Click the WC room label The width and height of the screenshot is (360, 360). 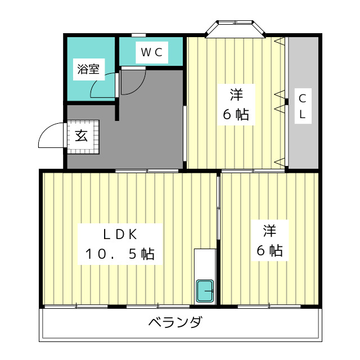tap(151, 52)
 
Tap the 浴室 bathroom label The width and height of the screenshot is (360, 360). tap(88, 70)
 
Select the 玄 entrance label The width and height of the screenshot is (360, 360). tap(82, 136)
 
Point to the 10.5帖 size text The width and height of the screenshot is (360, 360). tap(120, 254)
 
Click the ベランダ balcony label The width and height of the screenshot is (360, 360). tap(175, 323)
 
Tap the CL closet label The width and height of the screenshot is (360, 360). tap(303, 106)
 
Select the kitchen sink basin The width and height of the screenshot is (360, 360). tap(205, 291)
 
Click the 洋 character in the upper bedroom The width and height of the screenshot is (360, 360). tap(235, 93)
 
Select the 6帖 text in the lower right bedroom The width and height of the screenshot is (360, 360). tap(269, 251)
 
